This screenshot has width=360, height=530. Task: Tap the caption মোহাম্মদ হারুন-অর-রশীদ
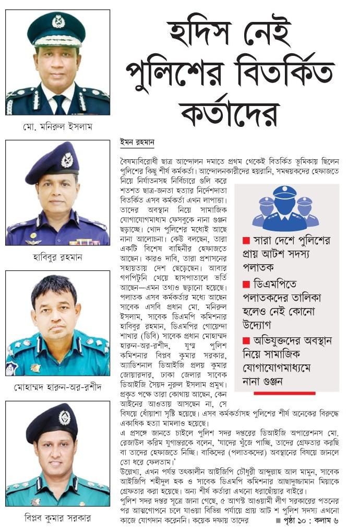click(x=57, y=388)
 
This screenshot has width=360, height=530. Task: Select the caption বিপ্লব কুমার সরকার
click(x=57, y=519)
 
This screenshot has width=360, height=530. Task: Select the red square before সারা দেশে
click(x=246, y=241)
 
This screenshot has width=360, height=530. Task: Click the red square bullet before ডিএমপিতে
click(x=246, y=285)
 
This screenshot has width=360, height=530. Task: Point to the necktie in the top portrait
click(x=58, y=101)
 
